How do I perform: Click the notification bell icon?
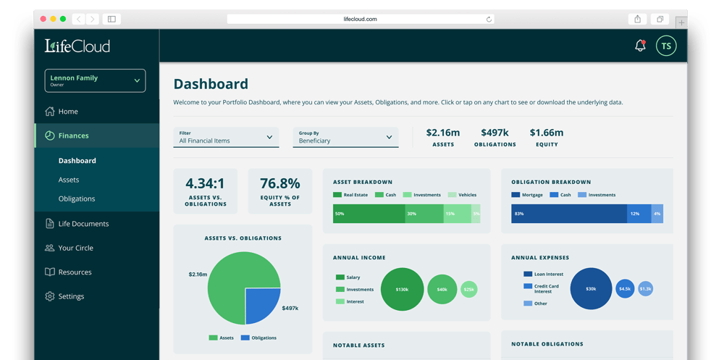tap(640, 46)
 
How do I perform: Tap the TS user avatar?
tap(666, 46)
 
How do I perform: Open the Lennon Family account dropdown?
tap(95, 81)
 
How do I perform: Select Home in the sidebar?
tap(68, 112)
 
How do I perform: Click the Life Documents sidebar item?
tap(83, 224)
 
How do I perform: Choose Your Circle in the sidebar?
tap(75, 248)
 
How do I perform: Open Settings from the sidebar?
tap(71, 296)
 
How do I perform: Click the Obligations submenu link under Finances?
tap(77, 198)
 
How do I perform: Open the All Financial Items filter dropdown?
tap(226, 137)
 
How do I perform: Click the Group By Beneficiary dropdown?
tap(345, 137)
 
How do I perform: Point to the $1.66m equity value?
tap(547, 133)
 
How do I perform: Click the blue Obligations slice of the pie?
tap(261, 304)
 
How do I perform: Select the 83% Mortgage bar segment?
tap(568, 214)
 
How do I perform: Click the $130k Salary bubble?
tap(402, 289)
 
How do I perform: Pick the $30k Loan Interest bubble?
tap(591, 288)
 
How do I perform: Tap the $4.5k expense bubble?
tap(624, 288)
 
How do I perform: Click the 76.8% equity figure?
tap(280, 184)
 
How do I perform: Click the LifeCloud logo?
tap(77, 46)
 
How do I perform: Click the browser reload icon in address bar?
tap(489, 20)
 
